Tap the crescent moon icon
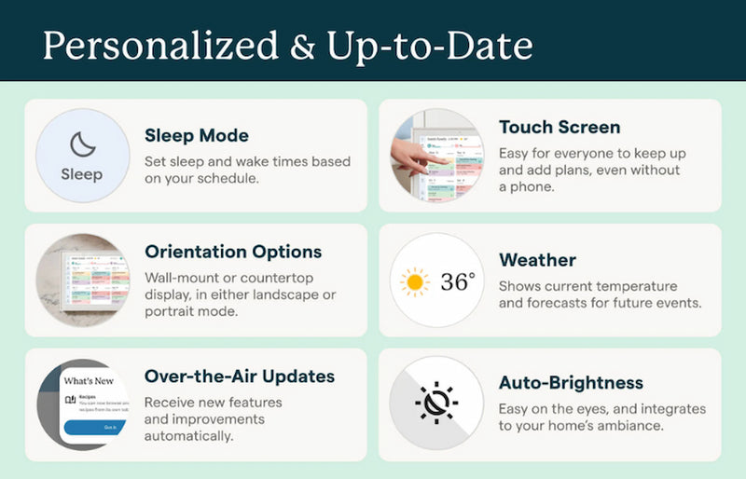[x=82, y=144]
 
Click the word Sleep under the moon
[x=82, y=174]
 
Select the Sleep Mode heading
[x=197, y=136]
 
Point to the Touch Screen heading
[x=559, y=127]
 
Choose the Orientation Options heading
[x=233, y=252]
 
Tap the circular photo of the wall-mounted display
[x=82, y=280]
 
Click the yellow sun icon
[x=415, y=281]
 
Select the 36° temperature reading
[x=458, y=281]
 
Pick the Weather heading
[x=537, y=260]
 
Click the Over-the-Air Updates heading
[x=240, y=376]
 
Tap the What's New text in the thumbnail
[x=89, y=381]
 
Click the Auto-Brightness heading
[x=571, y=383]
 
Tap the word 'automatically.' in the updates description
[x=189, y=435]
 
